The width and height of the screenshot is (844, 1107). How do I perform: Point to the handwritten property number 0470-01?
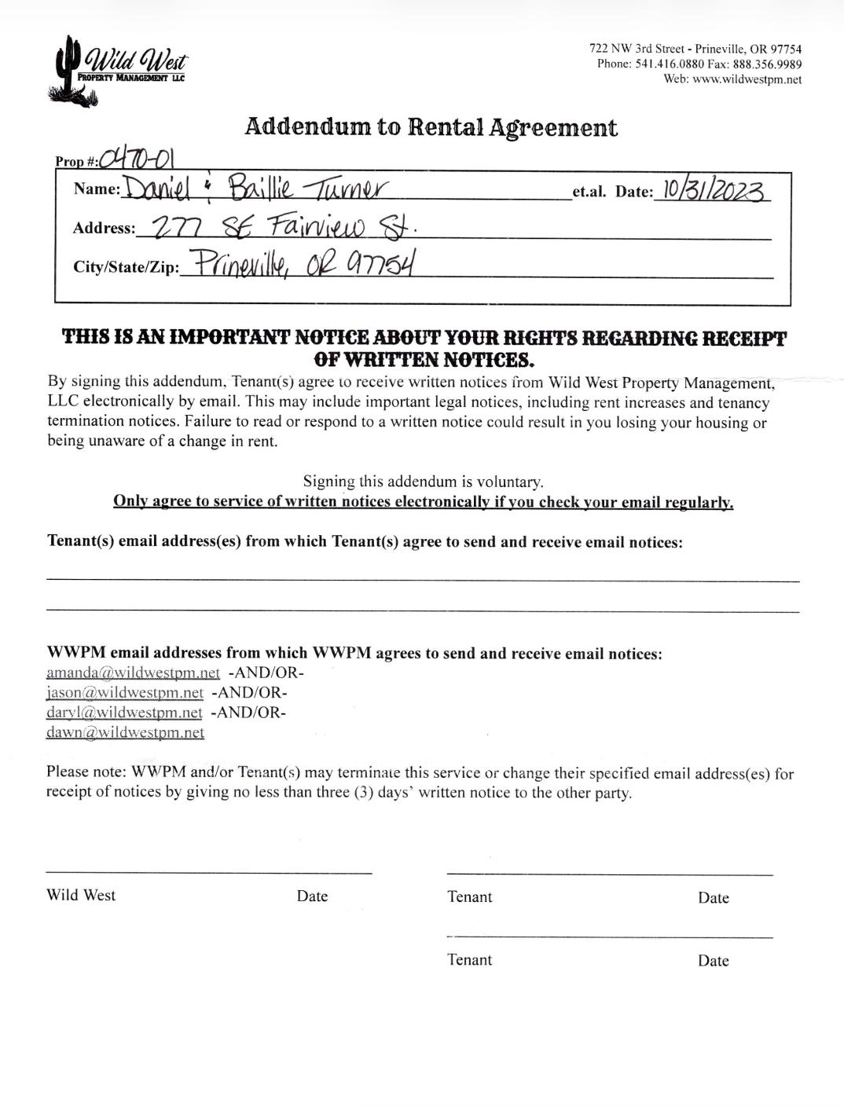click(137, 159)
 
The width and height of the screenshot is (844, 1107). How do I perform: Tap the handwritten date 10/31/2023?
click(714, 190)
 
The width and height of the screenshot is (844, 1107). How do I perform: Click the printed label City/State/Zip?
click(126, 267)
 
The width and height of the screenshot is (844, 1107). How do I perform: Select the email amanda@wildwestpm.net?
click(133, 673)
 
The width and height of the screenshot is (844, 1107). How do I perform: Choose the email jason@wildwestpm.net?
click(124, 693)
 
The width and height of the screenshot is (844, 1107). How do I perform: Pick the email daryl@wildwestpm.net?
click(124, 713)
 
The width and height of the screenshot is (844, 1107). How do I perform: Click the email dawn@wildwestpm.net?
click(125, 732)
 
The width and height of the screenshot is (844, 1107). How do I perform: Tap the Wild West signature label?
click(81, 895)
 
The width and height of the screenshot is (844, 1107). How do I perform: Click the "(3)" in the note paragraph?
click(362, 792)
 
